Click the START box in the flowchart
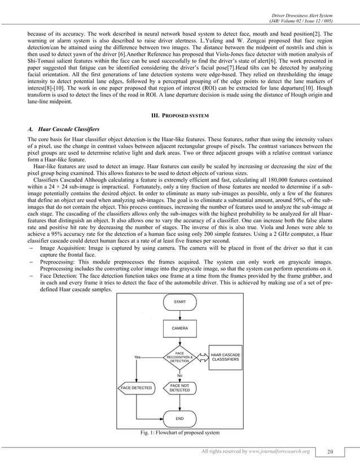(x=180, y=302)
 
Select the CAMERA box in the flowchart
(x=180, y=328)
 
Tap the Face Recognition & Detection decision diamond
(x=180, y=357)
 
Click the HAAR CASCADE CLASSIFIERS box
(x=225, y=357)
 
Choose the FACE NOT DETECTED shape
(x=180, y=388)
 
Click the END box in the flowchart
(x=180, y=418)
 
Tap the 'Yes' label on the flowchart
(x=137, y=357)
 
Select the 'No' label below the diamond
(x=180, y=375)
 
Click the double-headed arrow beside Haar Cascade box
(x=202, y=357)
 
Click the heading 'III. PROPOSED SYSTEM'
(x=180, y=116)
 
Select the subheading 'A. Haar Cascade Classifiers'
(x=59, y=129)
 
